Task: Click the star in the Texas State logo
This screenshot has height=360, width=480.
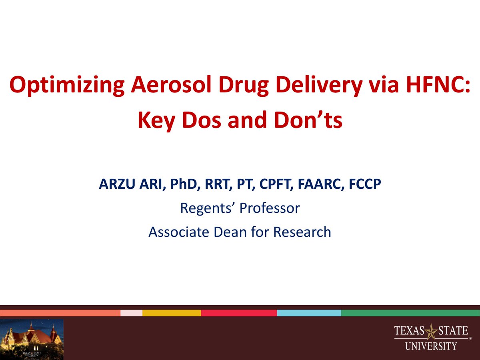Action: [431, 331]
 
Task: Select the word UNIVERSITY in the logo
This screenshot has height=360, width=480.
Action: [431, 346]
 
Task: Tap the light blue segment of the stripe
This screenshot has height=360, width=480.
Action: [309, 313]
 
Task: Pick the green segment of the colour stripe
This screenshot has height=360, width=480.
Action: [410, 313]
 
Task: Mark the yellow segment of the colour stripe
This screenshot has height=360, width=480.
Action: [172, 313]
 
